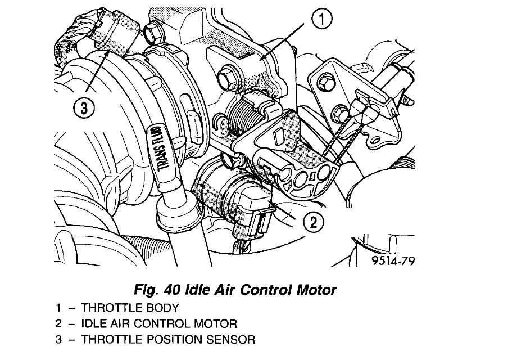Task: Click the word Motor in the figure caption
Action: tap(315, 290)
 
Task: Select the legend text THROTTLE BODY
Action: tap(130, 308)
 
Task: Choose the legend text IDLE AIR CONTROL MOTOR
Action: tap(159, 324)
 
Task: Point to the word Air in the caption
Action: tap(226, 290)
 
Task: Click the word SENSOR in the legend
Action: tap(231, 340)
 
